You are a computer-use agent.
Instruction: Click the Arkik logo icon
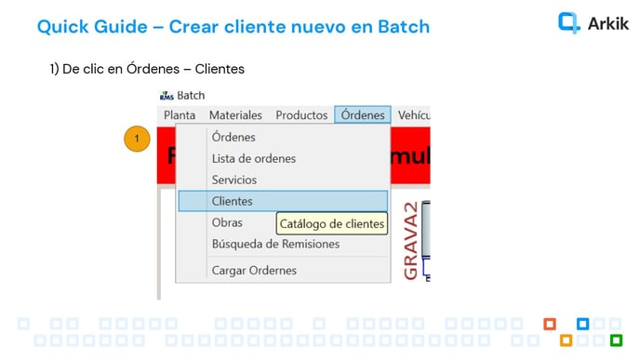(x=569, y=22)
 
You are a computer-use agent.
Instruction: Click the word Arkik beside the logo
(x=608, y=23)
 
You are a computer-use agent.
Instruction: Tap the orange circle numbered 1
(x=137, y=139)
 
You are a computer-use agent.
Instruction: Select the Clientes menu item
(x=233, y=201)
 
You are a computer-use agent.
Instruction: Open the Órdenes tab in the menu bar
(x=363, y=115)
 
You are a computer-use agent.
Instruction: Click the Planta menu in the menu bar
(x=180, y=115)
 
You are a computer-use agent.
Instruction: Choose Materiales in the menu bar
(x=235, y=115)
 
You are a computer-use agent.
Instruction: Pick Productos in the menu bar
(x=301, y=115)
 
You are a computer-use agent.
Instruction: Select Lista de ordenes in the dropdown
(x=254, y=158)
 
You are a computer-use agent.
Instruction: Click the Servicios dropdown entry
(x=234, y=180)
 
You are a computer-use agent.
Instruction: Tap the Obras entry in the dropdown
(x=227, y=222)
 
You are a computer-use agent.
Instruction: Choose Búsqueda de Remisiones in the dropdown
(x=275, y=244)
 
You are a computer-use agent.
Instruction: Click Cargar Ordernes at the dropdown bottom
(x=254, y=270)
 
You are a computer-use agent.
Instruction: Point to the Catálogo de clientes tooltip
(x=332, y=223)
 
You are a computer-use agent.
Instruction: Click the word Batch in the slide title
(x=403, y=26)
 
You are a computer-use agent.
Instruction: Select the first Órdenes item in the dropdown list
(x=233, y=138)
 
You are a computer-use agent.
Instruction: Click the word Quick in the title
(x=65, y=26)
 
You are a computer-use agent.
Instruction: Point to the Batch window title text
(x=191, y=95)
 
